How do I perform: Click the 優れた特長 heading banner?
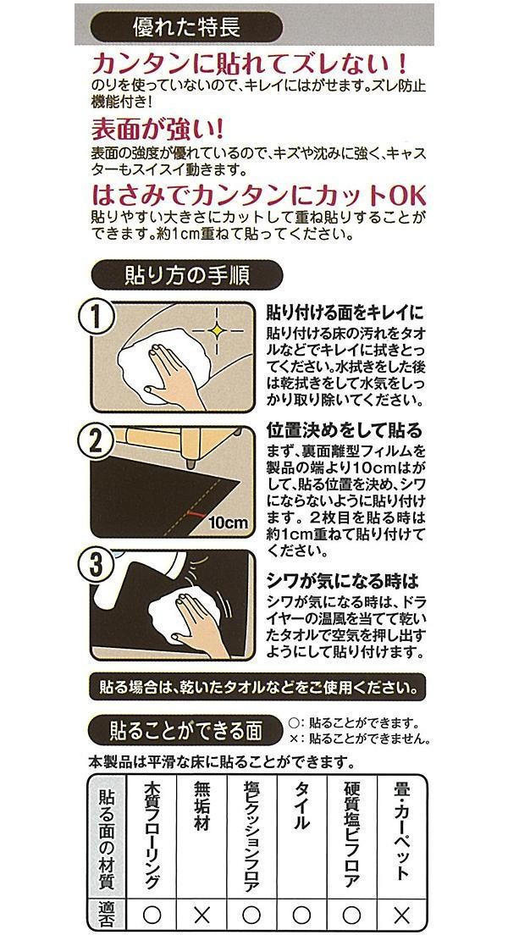tap(185, 27)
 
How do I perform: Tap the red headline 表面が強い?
tap(157, 129)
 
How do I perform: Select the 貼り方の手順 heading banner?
tap(185, 275)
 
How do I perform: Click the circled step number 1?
tap(96, 317)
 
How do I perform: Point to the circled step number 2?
tap(96, 442)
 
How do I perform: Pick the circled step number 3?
tap(96, 565)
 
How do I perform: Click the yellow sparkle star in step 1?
tap(216, 329)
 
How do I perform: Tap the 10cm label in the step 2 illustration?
tap(228, 522)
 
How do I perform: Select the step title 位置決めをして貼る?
tap(345, 430)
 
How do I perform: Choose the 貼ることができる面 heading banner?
tap(185, 731)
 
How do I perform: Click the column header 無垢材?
tap(202, 806)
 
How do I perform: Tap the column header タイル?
tap(301, 806)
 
